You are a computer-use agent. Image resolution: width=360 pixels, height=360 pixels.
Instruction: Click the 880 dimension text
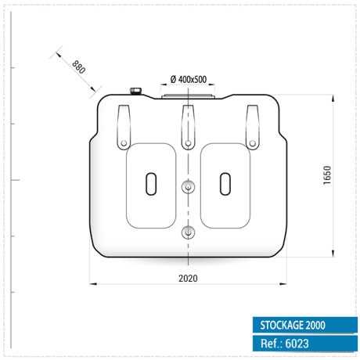coord(78,67)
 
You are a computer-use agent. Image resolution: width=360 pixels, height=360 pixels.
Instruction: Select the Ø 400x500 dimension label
coord(188,79)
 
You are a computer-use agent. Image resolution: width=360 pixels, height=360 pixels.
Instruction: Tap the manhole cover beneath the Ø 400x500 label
coord(188,97)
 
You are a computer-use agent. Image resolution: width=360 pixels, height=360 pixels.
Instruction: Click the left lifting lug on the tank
coord(124,125)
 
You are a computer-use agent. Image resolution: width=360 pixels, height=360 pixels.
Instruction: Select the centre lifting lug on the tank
coord(188,125)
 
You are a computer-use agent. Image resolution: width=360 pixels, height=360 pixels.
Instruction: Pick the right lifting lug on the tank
coord(252,125)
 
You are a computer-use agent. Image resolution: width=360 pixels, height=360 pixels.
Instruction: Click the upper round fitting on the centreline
coord(188,187)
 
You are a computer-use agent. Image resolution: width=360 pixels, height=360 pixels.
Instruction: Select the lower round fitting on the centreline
coord(188,232)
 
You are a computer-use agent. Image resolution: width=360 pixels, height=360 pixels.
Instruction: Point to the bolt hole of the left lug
coord(124,142)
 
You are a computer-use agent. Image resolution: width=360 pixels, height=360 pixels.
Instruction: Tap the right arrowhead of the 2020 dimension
coord(284,283)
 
